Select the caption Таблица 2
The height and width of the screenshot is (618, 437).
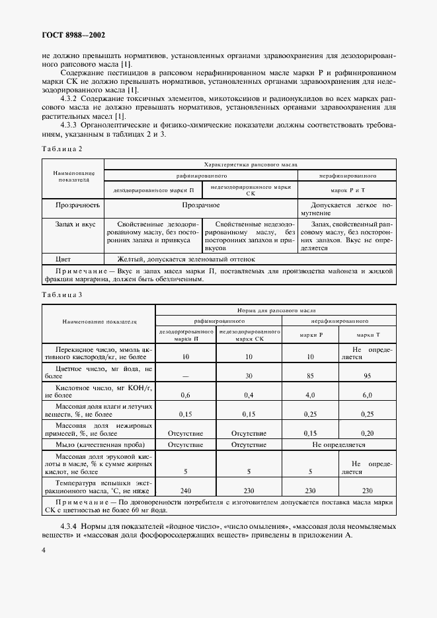coord(61,149)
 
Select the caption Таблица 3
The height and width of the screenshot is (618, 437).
coord(61,294)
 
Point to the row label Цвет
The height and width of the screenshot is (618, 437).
coord(63,259)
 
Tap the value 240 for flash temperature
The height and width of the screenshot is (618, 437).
coord(186,491)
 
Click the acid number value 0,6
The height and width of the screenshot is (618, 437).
coord(186,395)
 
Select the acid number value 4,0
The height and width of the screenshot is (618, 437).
coord(310,395)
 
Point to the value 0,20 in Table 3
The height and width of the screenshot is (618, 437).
coord(366,433)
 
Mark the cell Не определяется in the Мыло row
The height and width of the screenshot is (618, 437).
coord(338,445)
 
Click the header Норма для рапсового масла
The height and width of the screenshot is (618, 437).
coord(276,309)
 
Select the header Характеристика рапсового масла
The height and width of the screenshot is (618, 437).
coord(251,164)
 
